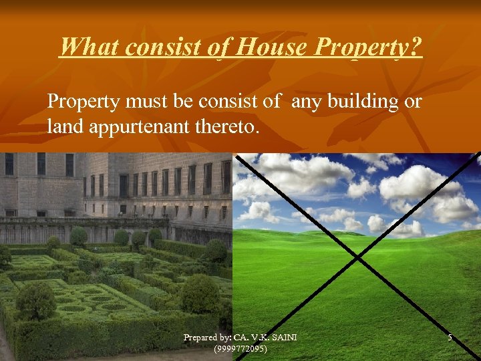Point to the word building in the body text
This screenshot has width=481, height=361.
click(366, 102)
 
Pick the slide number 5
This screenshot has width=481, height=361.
click(450, 338)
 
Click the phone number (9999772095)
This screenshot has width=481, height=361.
click(240, 348)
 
